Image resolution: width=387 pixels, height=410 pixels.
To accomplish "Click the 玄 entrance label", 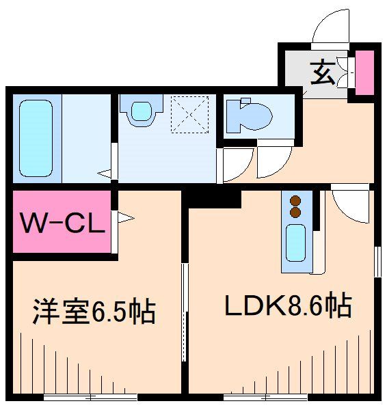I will tap(323, 72).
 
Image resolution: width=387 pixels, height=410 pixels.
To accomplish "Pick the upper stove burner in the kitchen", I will tap(296, 201).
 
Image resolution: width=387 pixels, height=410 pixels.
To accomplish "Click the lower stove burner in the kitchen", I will tap(296, 213).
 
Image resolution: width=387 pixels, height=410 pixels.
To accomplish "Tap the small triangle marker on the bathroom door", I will tap(105, 174).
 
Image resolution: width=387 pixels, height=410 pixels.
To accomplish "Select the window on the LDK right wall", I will tap(377, 259).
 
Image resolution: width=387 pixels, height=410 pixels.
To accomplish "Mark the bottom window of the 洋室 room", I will tap(90, 396).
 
